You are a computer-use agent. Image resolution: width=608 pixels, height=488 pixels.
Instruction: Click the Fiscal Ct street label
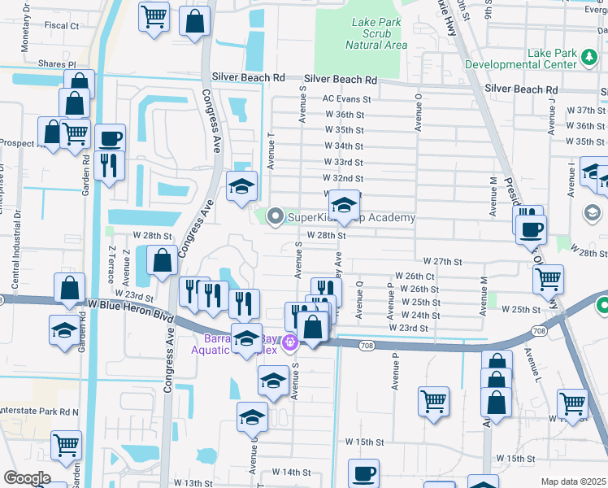(62, 26)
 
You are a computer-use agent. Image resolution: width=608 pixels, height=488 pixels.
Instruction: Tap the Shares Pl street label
(60, 63)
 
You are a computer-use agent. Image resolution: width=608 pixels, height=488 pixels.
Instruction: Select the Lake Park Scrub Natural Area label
(376, 33)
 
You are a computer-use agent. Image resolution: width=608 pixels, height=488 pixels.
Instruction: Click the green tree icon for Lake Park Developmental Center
(589, 58)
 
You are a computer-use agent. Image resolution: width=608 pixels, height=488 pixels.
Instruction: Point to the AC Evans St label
(346, 99)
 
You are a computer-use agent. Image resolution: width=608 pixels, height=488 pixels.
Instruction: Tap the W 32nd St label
(342, 178)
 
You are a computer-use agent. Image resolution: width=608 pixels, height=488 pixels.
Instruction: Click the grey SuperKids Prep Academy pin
(276, 216)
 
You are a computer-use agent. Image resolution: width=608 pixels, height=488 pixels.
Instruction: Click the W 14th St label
(292, 472)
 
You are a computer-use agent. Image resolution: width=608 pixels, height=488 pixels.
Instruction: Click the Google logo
(27, 478)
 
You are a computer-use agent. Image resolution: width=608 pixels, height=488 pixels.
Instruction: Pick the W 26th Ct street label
(414, 277)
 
